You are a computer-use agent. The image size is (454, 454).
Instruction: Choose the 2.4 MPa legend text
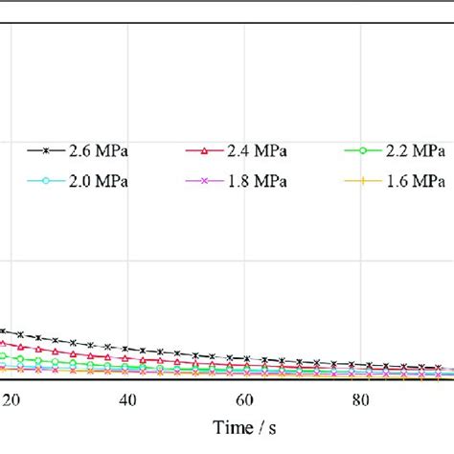point(258,151)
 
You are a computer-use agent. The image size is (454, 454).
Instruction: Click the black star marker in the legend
point(50,151)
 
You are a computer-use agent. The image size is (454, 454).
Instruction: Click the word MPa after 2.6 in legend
point(117,151)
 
